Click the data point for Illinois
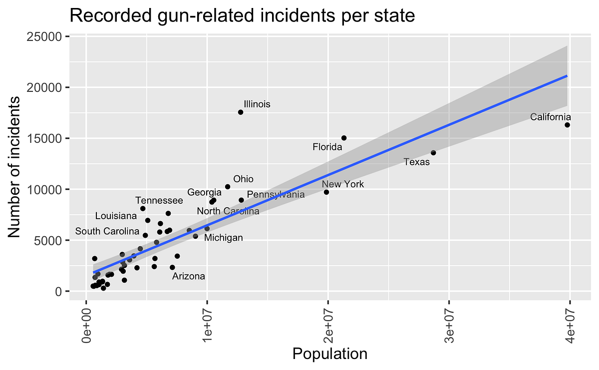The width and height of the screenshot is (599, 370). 241,112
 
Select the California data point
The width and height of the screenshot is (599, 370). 567,125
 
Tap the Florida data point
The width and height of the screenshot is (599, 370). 344,138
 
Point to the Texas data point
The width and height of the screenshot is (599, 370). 433,153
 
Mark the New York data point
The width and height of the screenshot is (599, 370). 326,192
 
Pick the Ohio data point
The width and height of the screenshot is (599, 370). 228,187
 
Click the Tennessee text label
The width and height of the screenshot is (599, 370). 159,201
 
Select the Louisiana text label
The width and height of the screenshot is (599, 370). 116,216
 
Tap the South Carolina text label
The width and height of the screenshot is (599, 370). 107,232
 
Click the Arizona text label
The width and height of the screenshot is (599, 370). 189,276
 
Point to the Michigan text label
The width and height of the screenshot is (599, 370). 224,238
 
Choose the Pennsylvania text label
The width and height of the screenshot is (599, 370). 276,195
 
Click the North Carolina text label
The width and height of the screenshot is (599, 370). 228,212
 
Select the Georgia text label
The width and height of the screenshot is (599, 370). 204,193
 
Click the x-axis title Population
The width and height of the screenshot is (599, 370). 330,354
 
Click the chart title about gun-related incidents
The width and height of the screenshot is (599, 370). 242,16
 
